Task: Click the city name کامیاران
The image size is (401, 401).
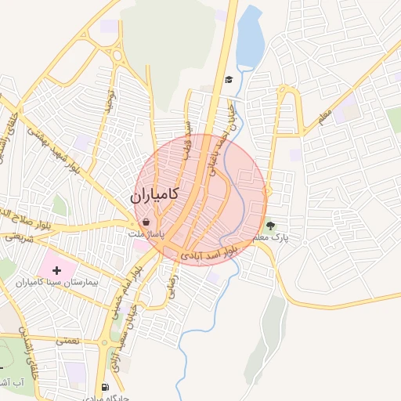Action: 154,194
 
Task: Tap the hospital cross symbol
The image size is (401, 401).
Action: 56,270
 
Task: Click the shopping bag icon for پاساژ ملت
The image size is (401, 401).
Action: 146,222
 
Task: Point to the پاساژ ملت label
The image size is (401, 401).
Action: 147,233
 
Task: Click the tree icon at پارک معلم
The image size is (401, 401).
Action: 271,225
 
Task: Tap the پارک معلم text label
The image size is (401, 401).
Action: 271,237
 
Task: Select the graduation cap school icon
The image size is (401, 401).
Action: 229,80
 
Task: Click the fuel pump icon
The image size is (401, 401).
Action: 105,387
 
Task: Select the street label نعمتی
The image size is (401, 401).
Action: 67,341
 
